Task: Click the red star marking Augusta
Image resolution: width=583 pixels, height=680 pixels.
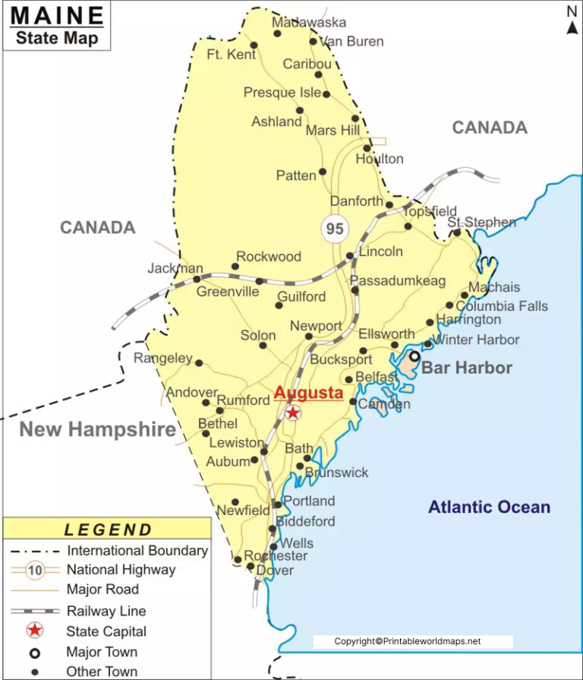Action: click(x=293, y=413)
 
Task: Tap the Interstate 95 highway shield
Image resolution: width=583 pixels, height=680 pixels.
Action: click(x=334, y=228)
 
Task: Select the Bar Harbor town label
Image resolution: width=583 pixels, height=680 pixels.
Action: click(x=467, y=368)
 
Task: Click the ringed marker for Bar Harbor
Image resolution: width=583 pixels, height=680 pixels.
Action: click(x=414, y=356)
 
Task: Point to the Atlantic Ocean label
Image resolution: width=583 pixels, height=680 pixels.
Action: click(x=489, y=508)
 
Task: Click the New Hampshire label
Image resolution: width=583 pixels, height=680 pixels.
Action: click(x=97, y=430)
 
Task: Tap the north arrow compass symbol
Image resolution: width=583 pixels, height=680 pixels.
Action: click(x=572, y=21)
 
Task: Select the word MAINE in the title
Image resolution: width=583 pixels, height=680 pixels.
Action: click(x=58, y=15)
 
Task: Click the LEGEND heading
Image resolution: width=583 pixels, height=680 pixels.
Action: click(x=109, y=530)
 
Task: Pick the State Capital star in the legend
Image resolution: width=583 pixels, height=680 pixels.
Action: click(x=34, y=631)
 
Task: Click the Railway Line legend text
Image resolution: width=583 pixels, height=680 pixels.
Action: click(x=106, y=611)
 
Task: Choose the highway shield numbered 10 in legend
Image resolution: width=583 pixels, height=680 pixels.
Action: click(x=34, y=570)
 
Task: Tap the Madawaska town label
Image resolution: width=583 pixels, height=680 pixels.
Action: click(x=309, y=22)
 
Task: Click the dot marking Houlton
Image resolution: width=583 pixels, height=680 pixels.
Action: click(x=367, y=148)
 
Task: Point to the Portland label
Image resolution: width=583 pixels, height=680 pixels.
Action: click(x=309, y=501)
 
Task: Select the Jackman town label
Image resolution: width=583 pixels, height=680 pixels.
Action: click(x=175, y=268)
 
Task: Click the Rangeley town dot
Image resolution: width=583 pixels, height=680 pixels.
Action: click(x=199, y=363)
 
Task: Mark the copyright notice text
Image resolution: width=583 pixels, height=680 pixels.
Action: click(x=408, y=642)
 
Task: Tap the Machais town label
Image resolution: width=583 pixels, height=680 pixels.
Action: click(x=494, y=287)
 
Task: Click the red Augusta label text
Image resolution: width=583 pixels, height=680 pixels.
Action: click(x=308, y=394)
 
